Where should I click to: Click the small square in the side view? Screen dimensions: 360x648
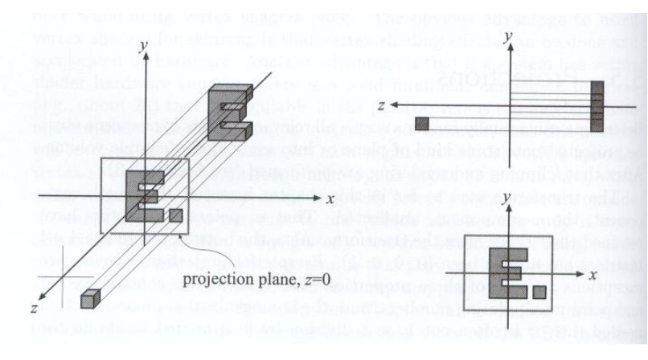[421, 123]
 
